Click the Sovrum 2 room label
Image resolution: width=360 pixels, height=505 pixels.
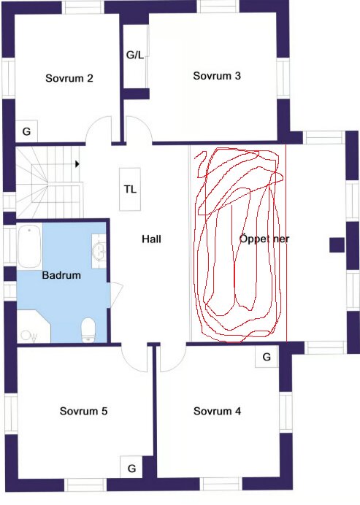[69, 78]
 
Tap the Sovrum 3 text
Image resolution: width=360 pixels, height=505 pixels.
[217, 75]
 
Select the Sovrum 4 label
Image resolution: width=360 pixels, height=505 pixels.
[217, 411]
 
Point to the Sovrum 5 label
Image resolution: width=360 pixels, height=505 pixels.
[84, 411]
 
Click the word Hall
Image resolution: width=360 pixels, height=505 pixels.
[152, 239]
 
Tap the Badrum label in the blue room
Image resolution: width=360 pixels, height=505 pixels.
[61, 276]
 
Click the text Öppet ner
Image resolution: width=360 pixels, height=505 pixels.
[264, 239]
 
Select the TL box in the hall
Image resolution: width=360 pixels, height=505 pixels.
[131, 190]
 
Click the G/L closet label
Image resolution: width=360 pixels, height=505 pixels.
[135, 55]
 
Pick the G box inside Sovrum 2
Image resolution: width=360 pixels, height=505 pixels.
[26, 131]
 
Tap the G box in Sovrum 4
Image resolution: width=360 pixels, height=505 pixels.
[267, 357]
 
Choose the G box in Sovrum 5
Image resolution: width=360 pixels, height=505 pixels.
[132, 467]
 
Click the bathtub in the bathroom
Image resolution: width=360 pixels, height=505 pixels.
[29, 247]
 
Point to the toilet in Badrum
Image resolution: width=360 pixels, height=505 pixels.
[88, 329]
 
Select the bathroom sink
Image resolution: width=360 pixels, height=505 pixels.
[99, 252]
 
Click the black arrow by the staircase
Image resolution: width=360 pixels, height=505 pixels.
[77, 163]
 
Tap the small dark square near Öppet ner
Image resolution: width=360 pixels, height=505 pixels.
[336, 244]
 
